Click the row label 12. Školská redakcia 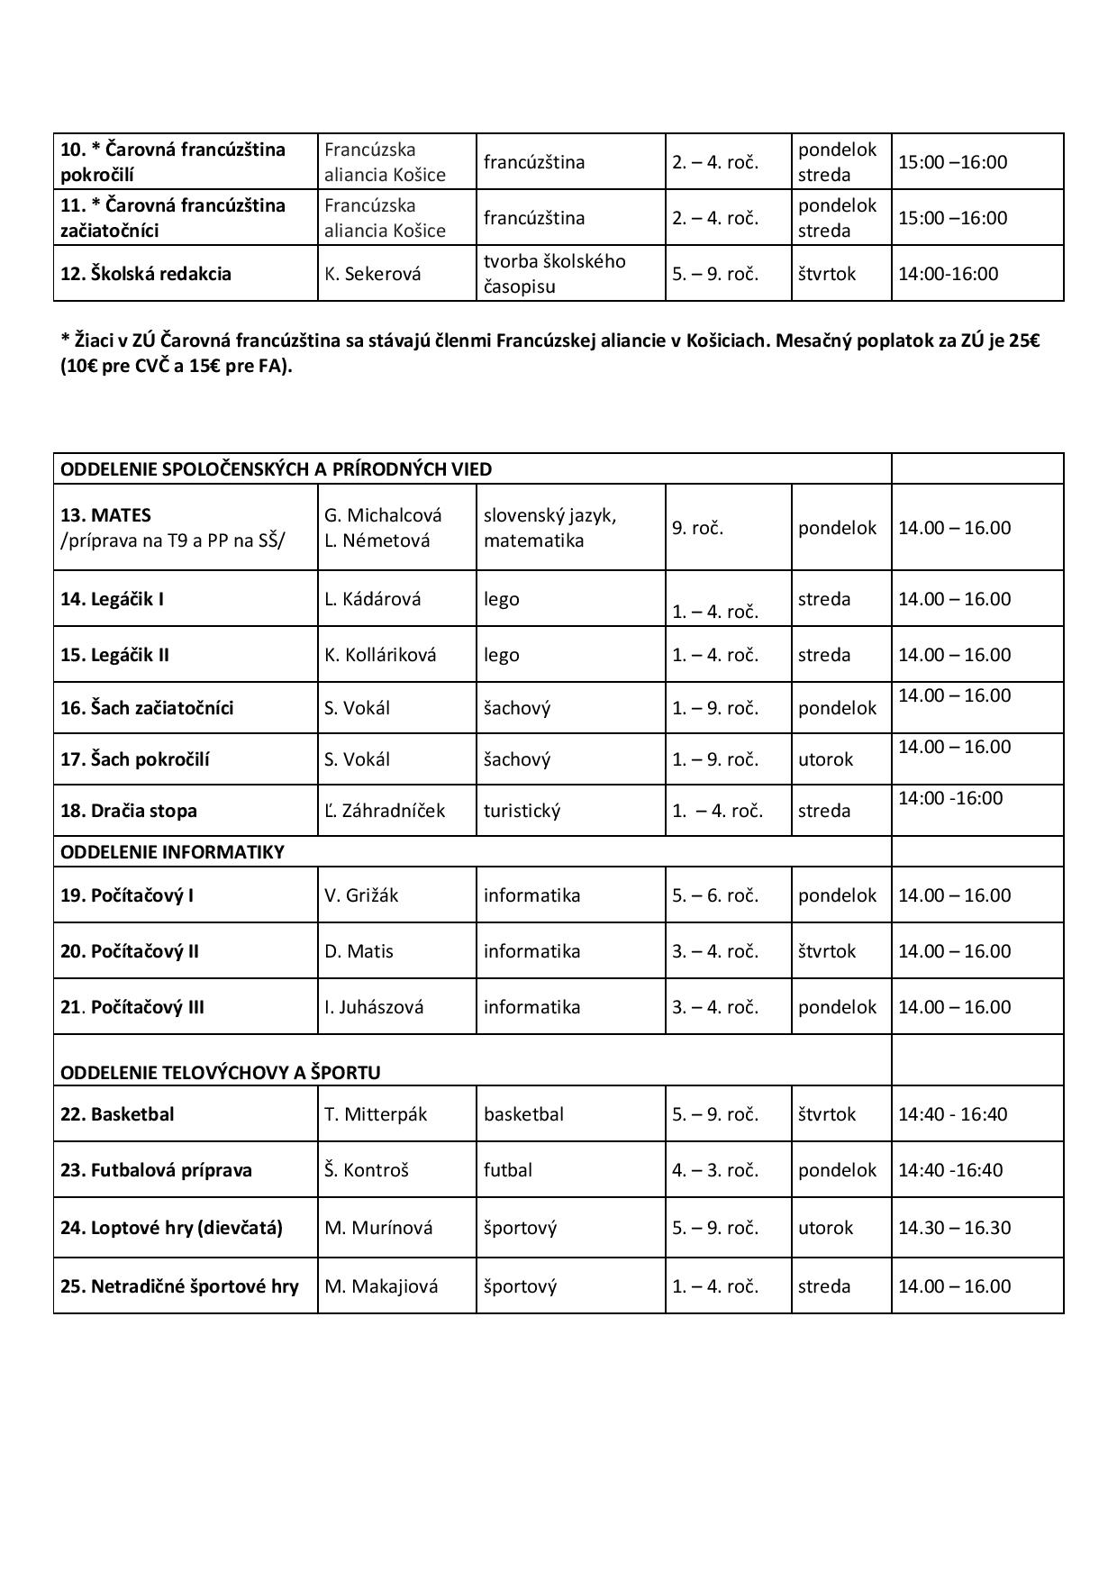pyautogui.click(x=146, y=274)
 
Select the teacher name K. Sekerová pyautogui.click(x=373, y=274)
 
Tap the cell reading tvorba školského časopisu pyautogui.click(x=554, y=274)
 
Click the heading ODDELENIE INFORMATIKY pyautogui.click(x=172, y=852)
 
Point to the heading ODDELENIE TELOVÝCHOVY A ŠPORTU pyautogui.click(x=220, y=1073)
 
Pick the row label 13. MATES pyautogui.click(x=105, y=515)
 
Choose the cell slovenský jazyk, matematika pyautogui.click(x=549, y=528)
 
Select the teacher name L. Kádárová pyautogui.click(x=373, y=599)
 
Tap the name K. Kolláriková pyautogui.click(x=380, y=655)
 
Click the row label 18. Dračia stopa pyautogui.click(x=128, y=811)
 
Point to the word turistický pyautogui.click(x=522, y=811)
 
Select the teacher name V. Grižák pyautogui.click(x=361, y=895)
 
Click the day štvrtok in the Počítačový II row pyautogui.click(x=827, y=951)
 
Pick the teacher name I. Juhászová pyautogui.click(x=374, y=1007)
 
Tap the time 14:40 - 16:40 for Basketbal pyautogui.click(x=952, y=1114)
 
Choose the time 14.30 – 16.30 pyautogui.click(x=954, y=1228)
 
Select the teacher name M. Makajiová pyautogui.click(x=381, y=1286)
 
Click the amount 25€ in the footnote pyautogui.click(x=1024, y=342)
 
